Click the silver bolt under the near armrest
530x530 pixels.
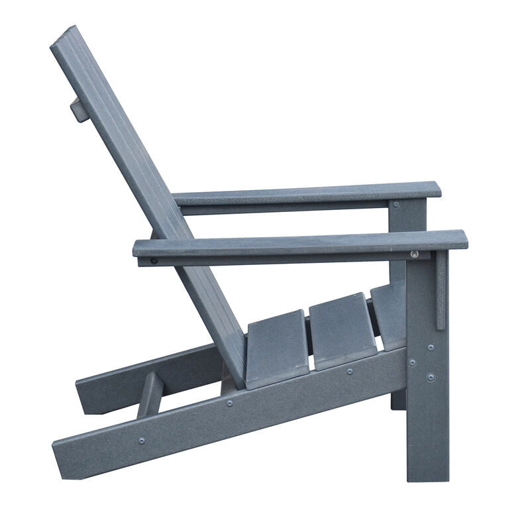(415, 254)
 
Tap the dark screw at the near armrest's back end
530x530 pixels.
(154, 260)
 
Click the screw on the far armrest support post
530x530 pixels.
(396, 205)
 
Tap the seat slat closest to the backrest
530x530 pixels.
(277, 347)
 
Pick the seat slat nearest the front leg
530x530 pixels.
(390, 314)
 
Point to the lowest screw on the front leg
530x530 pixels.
(431, 378)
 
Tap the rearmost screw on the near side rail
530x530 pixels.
(142, 440)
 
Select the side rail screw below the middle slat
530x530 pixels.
(349, 372)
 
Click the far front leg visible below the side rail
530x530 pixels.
(398, 399)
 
